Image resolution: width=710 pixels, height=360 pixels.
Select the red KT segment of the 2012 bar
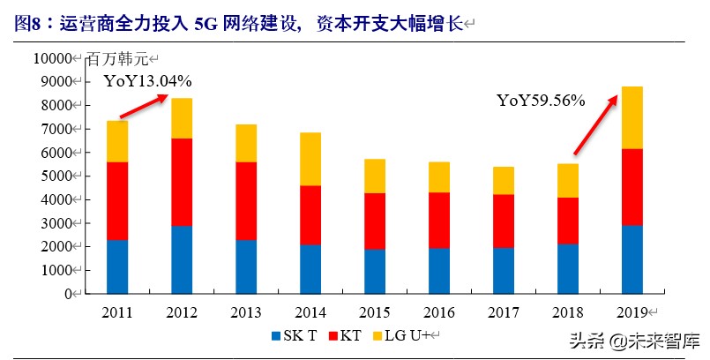pos(182,182)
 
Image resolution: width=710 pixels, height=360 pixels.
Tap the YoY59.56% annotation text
pos(541,101)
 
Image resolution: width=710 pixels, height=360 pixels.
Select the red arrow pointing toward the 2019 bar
pos(595,124)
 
